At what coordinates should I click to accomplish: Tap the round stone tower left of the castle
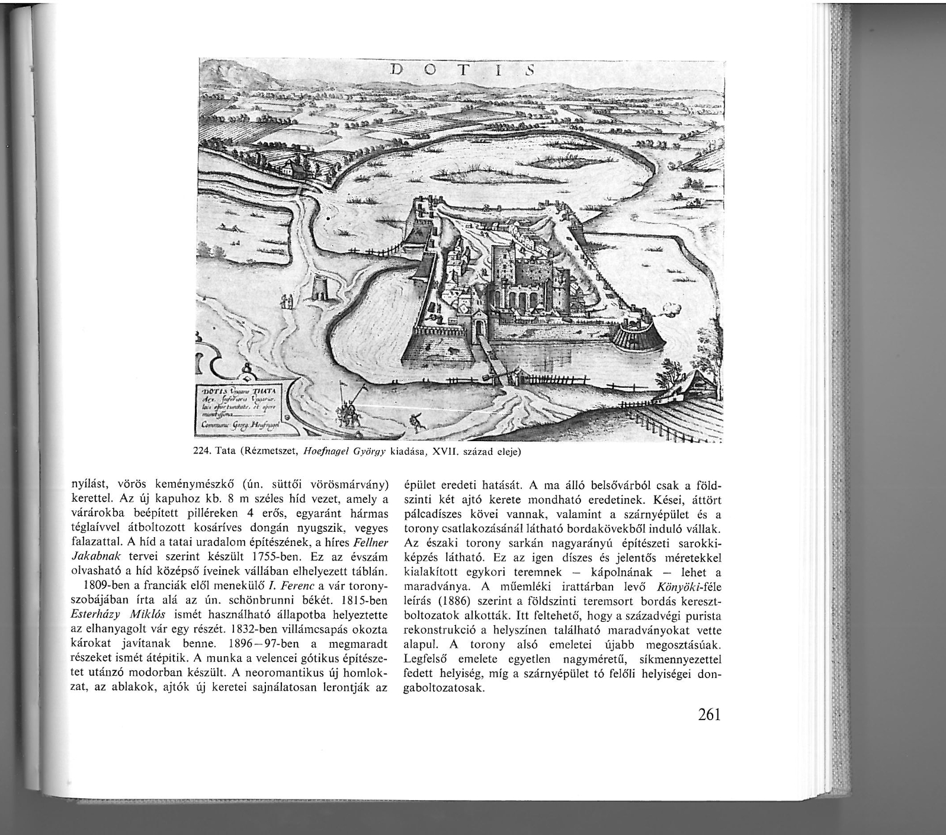pyautogui.click(x=321, y=288)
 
